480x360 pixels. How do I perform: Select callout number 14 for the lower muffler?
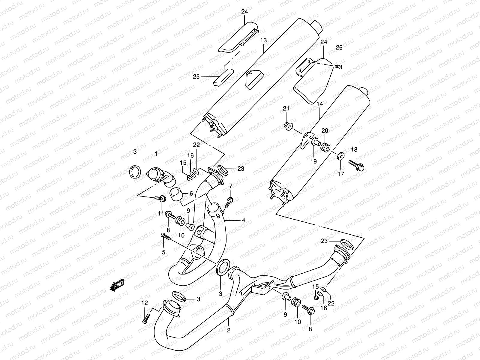pos(319,104)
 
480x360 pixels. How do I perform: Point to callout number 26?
pos(339,48)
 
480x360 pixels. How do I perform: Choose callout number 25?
pos(196,77)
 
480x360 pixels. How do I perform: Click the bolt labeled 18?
pos(356,164)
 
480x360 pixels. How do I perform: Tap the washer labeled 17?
pos(341,157)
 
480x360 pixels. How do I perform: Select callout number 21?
pos(286,108)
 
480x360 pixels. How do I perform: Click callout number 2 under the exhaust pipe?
pos(229,331)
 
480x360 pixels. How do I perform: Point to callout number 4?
pos(244,220)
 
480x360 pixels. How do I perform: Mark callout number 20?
pos(325,130)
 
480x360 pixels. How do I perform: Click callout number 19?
pos(313,161)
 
